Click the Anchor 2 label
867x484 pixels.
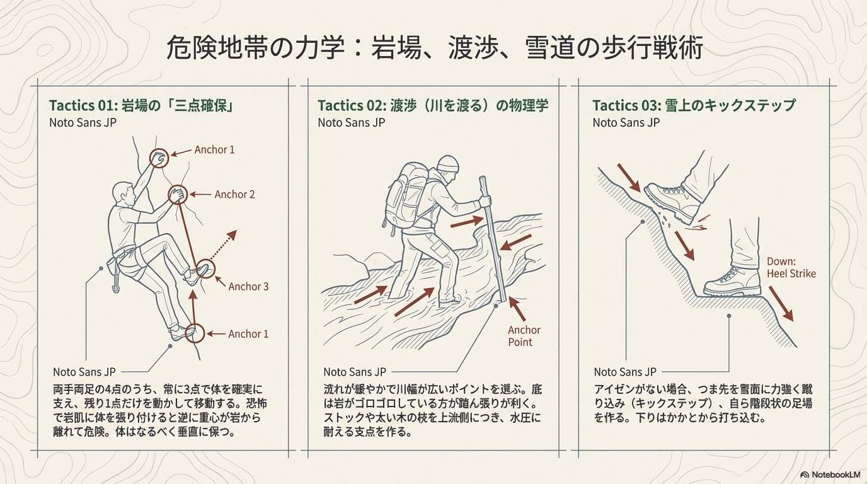tap(234, 194)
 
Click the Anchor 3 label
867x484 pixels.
tap(248, 287)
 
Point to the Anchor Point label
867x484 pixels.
tap(524, 336)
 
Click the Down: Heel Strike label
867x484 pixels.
tap(791, 268)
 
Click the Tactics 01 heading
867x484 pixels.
tap(142, 105)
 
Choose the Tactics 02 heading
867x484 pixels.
tap(433, 105)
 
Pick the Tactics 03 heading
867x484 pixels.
tap(694, 105)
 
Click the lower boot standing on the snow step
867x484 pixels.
tap(732, 282)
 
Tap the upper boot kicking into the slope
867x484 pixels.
tap(674, 202)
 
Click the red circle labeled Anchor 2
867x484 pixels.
tap(178, 194)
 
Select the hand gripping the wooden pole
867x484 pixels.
tap(485, 201)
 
